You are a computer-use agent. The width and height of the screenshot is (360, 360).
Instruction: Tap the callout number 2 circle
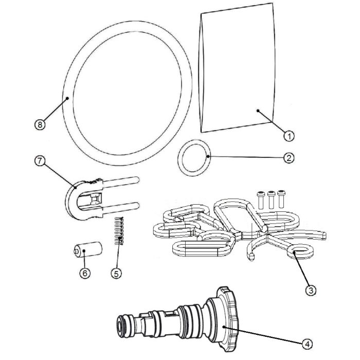click(x=289, y=157)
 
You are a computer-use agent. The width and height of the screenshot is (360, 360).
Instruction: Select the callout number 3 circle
click(x=310, y=290)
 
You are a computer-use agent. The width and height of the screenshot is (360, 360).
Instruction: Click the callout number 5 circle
click(x=117, y=274)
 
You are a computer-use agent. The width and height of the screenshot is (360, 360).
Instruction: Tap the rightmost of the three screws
click(x=281, y=197)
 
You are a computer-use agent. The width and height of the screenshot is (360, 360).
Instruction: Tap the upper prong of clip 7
click(x=123, y=182)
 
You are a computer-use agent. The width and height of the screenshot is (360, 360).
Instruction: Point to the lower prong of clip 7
click(x=123, y=208)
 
